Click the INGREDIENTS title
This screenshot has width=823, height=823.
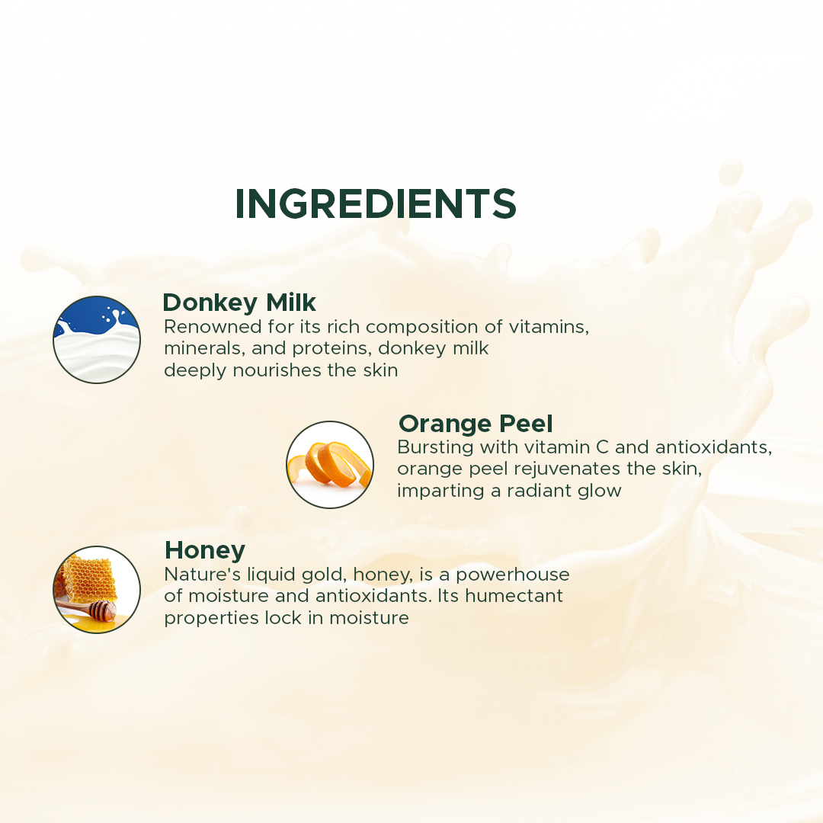(x=376, y=203)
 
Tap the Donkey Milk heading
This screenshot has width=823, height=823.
(x=239, y=303)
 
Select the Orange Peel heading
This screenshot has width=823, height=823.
(x=476, y=424)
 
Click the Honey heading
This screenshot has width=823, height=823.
(x=205, y=551)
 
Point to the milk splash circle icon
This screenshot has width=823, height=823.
(x=97, y=340)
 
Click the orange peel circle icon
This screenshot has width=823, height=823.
(x=330, y=465)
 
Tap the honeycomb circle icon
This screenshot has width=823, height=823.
(x=97, y=589)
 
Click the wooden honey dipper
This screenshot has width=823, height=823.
(x=87, y=610)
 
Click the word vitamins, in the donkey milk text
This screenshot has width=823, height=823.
(x=549, y=327)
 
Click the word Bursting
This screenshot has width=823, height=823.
(x=435, y=448)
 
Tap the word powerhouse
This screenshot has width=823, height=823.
(x=512, y=575)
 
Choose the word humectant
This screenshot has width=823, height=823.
(x=514, y=596)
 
